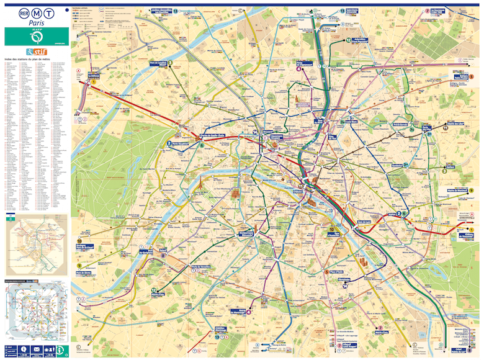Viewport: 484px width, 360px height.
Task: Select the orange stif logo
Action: (37, 51)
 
